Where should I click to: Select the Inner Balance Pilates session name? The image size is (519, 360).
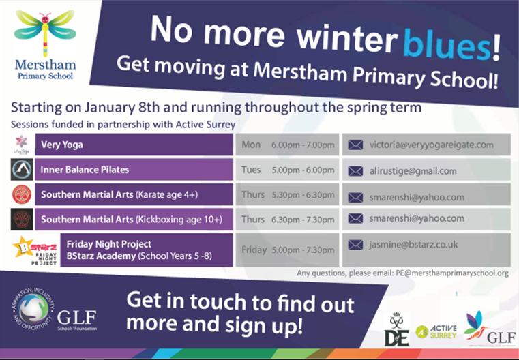click(x=85, y=170)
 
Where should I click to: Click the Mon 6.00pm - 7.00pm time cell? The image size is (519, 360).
click(x=287, y=145)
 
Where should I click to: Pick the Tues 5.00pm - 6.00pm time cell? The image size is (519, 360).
click(x=287, y=170)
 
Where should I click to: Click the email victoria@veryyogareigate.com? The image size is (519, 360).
click(x=431, y=145)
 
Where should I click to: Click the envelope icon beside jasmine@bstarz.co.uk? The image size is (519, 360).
click(x=355, y=244)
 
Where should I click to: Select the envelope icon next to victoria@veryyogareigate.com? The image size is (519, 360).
click(x=355, y=145)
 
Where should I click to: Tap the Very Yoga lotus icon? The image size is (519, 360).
click(x=20, y=144)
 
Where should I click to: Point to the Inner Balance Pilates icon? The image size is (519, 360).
click(x=20, y=169)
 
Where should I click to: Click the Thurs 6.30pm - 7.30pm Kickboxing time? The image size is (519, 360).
click(x=287, y=219)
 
